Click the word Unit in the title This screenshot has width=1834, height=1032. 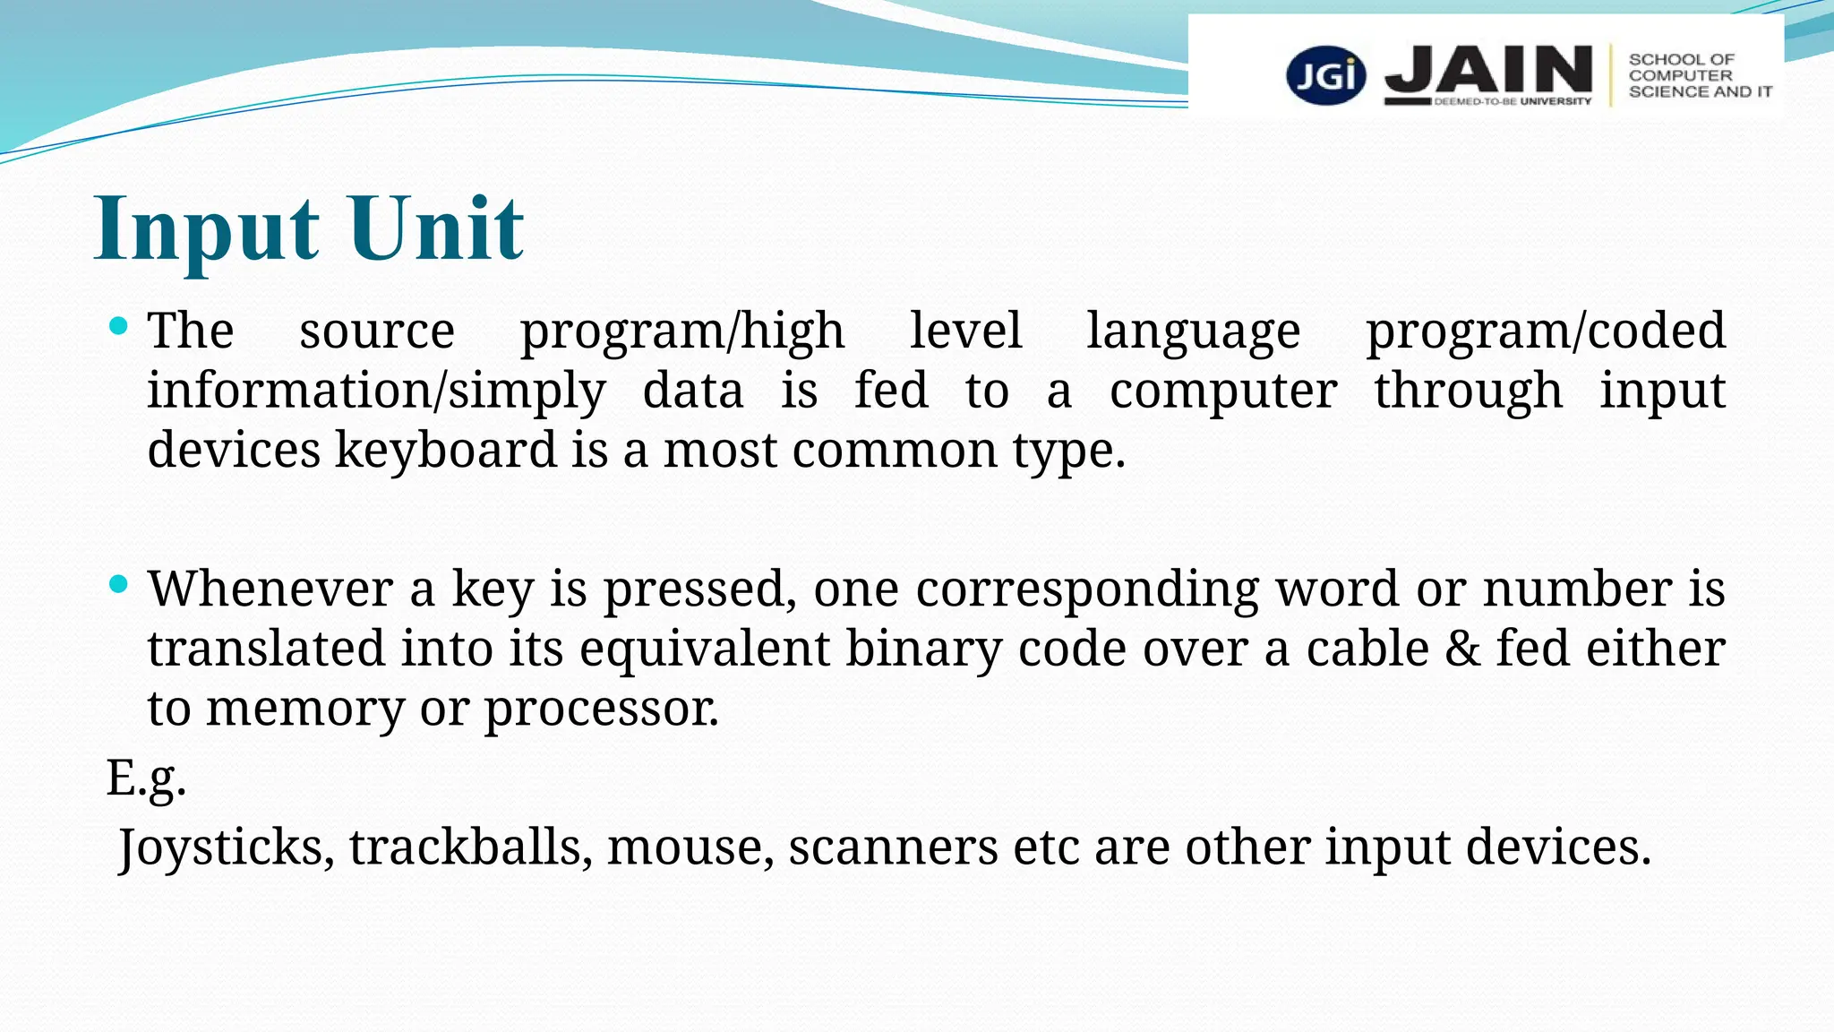pyautogui.click(x=435, y=228)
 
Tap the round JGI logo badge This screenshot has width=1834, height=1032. pyautogui.click(x=1326, y=75)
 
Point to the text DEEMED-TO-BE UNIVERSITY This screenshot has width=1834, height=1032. pyautogui.click(x=1513, y=102)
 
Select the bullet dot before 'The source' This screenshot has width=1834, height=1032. pyautogui.click(x=118, y=325)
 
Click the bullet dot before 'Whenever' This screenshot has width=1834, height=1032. pyautogui.click(x=118, y=584)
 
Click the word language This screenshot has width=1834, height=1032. pyautogui.click(x=1193, y=331)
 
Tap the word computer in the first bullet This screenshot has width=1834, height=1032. pyautogui.click(x=1223, y=391)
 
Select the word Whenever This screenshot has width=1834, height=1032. pyautogui.click(x=270, y=589)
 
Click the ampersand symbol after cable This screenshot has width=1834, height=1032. pyautogui.click(x=1462, y=649)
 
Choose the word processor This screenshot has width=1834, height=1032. pyautogui.click(x=601, y=709)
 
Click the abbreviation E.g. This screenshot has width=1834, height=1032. pyautogui.click(x=146, y=778)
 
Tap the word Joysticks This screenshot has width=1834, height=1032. pyautogui.click(x=227, y=847)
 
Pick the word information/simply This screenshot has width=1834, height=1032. pyautogui.click(x=376, y=391)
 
